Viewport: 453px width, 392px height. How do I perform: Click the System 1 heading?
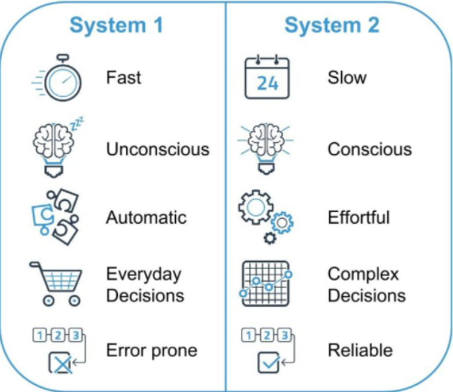tap(117, 26)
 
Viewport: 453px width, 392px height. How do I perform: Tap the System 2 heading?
tap(332, 25)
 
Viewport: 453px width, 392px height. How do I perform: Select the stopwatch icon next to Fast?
tap(57, 78)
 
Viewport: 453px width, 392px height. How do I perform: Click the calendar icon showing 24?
tap(267, 78)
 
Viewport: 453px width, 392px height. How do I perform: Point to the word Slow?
tap(347, 78)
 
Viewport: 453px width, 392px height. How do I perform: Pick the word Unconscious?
tap(158, 149)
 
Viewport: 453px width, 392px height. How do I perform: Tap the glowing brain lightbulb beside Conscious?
tap(266, 148)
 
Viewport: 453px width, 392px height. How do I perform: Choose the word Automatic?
tap(146, 218)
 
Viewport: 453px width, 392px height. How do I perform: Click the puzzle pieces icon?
tap(55, 217)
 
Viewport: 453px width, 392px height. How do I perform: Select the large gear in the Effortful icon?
tap(256, 207)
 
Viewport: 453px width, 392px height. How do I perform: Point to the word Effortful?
tap(359, 218)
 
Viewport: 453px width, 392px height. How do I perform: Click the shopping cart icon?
tap(56, 284)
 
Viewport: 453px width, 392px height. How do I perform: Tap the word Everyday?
tap(144, 274)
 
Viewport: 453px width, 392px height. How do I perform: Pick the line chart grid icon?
tap(266, 283)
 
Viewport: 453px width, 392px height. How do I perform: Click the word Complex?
tap(363, 274)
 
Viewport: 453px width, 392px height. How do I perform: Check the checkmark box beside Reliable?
tap(269, 362)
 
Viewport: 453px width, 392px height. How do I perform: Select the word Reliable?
tap(360, 350)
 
